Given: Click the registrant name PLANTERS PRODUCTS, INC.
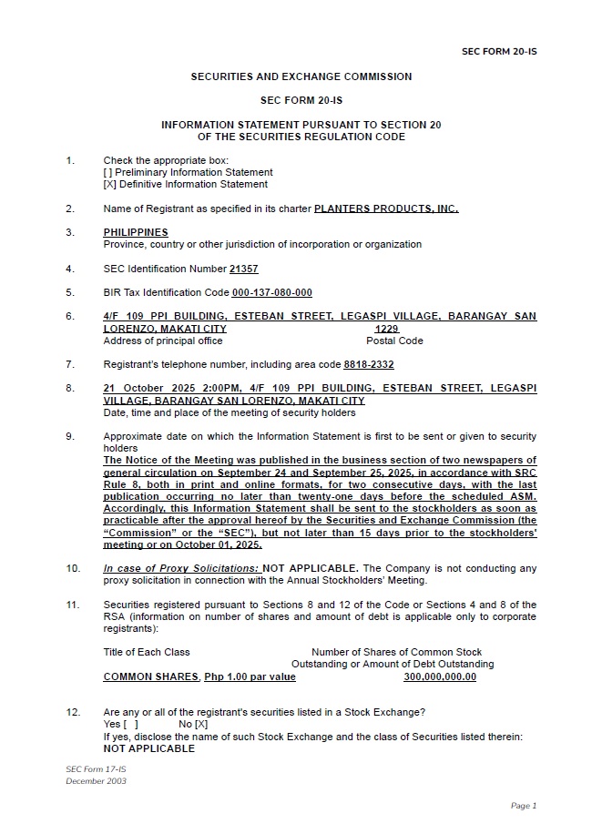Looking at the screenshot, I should [x=386, y=208].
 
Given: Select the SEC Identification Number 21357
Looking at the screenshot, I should [x=244, y=269].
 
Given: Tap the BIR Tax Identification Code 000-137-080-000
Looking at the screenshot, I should [x=271, y=292].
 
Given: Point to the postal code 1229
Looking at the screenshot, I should [x=387, y=329].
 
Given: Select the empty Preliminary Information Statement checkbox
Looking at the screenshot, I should [x=108, y=172].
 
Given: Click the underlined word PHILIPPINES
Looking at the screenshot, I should [x=136, y=232].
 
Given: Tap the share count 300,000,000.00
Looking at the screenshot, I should [x=440, y=676].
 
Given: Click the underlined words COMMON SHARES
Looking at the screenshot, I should [x=151, y=676].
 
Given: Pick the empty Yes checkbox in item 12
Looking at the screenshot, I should [x=130, y=724].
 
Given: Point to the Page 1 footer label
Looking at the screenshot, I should [x=524, y=805].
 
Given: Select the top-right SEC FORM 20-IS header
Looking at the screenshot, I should [x=499, y=51].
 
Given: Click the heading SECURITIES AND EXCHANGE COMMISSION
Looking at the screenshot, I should [x=301, y=76].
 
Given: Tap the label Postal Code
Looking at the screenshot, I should [x=394, y=341].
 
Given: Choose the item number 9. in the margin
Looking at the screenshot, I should [x=70, y=436].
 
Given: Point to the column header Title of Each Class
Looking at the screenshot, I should [x=147, y=652].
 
